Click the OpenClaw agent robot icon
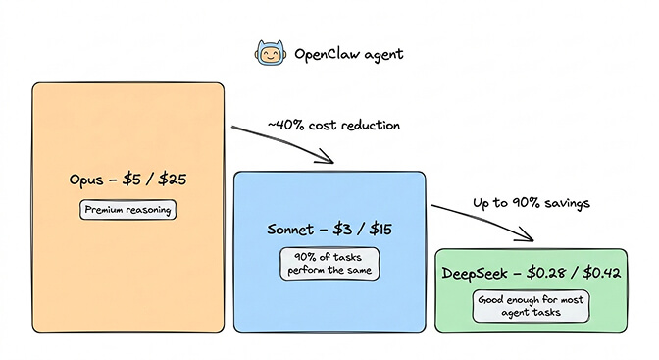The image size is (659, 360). click(266, 53)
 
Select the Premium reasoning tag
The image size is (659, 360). click(128, 210)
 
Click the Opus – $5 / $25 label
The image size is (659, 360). click(128, 181)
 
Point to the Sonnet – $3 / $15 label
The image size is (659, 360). click(329, 230)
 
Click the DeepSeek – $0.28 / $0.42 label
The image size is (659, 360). click(531, 273)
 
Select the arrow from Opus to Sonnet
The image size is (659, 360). click(284, 143)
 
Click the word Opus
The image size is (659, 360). click(87, 181)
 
